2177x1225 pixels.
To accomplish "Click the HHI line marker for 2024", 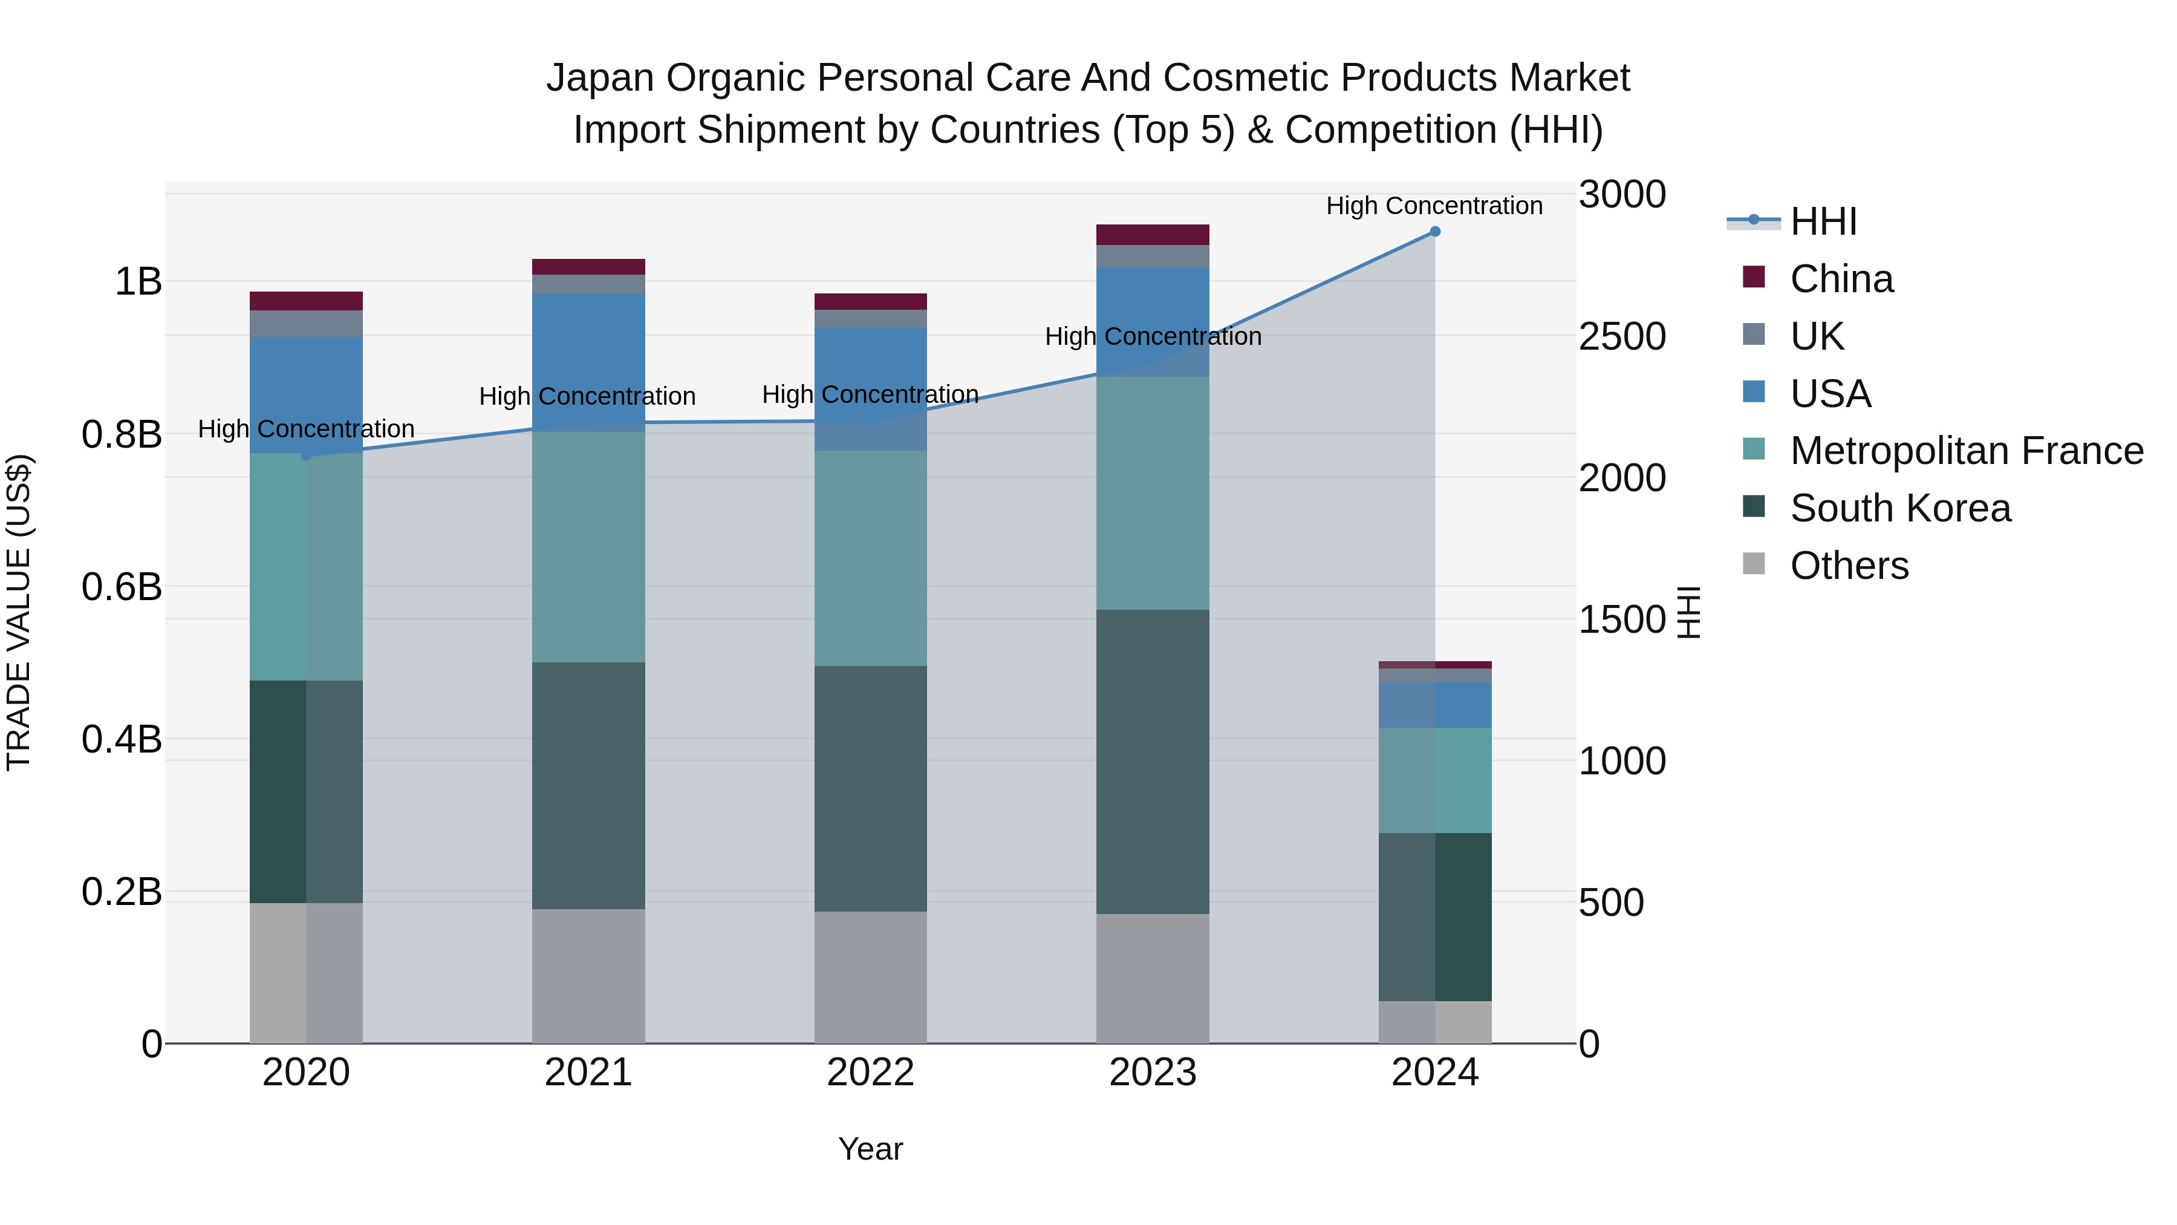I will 1434,231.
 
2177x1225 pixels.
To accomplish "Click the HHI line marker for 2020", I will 306,456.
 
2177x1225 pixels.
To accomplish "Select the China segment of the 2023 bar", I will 1152,234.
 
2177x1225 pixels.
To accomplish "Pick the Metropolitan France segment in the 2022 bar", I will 870,558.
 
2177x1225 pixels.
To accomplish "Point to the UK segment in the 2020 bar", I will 306,323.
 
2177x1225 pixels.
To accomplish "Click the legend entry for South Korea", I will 1900,508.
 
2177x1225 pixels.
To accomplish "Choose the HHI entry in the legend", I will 1823,221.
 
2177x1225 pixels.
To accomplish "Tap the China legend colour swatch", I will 1754,277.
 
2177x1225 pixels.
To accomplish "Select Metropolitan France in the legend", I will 1966,451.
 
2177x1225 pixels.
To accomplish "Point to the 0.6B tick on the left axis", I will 122,586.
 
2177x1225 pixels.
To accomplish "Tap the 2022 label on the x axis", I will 870,1072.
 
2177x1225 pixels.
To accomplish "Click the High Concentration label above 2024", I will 1434,206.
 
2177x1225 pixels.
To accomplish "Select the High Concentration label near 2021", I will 587,396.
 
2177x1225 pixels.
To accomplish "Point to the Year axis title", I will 870,1149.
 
